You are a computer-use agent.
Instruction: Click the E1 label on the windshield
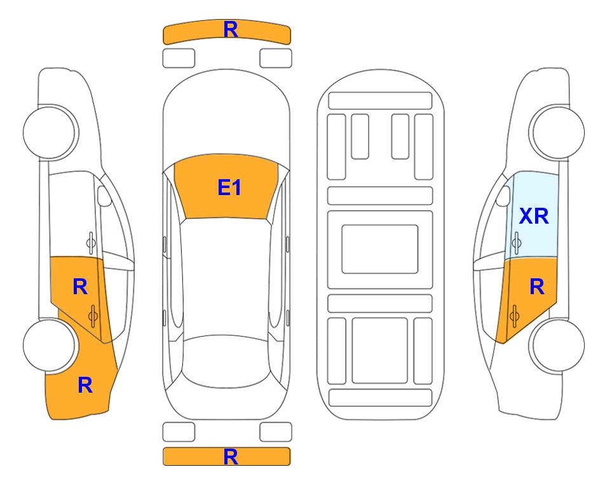(229, 187)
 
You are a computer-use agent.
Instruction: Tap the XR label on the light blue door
(534, 216)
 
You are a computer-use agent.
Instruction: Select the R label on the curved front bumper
(231, 29)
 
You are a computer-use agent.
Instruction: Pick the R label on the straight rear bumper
(231, 457)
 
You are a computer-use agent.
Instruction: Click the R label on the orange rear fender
(85, 385)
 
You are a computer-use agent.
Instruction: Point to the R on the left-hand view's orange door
(80, 287)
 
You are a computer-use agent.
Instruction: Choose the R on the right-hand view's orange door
(536, 287)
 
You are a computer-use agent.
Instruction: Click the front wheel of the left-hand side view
(50, 132)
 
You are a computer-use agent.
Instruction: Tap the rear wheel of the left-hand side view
(50, 345)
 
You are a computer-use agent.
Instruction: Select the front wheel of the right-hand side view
(558, 132)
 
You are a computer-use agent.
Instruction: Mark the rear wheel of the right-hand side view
(558, 345)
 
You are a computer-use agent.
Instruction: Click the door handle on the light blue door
(517, 243)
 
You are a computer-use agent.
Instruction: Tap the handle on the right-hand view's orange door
(514, 316)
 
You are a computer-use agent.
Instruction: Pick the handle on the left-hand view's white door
(91, 243)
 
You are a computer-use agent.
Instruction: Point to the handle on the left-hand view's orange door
(93, 316)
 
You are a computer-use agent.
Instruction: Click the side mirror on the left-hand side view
(104, 196)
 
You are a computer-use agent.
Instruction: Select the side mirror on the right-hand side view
(503, 196)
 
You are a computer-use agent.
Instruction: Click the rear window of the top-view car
(226, 361)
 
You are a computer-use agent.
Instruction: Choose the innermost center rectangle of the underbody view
(380, 249)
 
